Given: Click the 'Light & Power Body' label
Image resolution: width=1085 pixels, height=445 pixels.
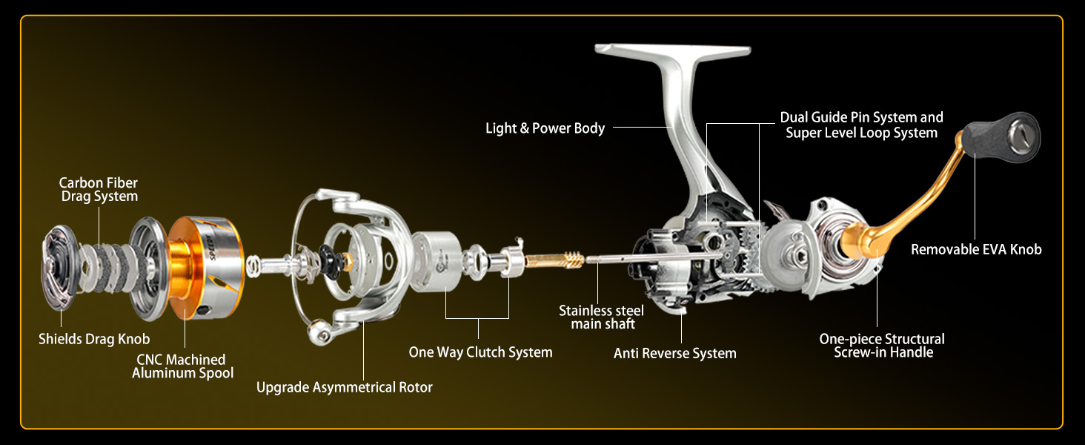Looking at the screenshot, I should point(545,128).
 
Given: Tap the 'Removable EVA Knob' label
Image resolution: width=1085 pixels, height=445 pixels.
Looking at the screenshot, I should point(976,250).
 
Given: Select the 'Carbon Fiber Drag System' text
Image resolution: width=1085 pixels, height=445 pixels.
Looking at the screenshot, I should point(99,189).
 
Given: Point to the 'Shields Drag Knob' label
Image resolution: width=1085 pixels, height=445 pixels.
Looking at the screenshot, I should point(94,339).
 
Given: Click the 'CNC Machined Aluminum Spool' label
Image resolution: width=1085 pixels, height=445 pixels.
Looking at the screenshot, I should point(182,366).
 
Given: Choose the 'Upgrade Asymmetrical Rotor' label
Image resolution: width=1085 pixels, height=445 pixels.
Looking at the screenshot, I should point(344,387).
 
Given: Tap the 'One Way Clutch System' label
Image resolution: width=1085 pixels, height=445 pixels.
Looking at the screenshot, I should point(480,352).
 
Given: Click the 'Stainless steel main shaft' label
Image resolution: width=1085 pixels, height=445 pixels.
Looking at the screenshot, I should point(601,317).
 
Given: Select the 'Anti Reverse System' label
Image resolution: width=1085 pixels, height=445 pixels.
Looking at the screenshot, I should point(674,354).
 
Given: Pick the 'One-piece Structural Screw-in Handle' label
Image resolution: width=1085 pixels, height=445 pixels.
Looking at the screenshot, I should point(881,346).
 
